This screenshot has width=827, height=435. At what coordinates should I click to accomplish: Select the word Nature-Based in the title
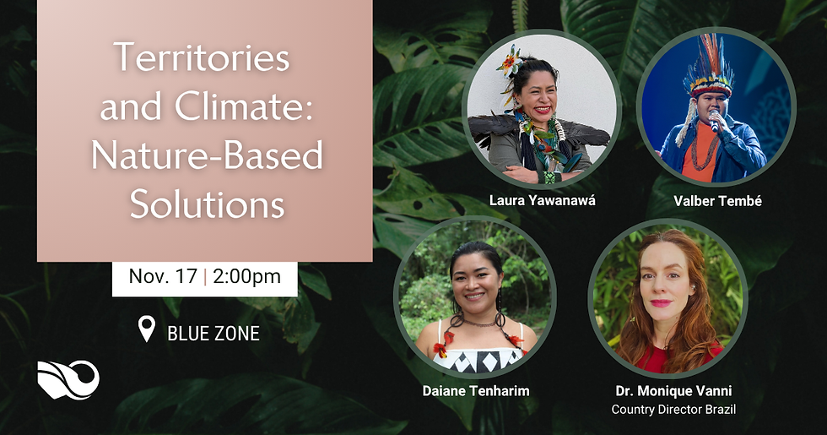pos(206,156)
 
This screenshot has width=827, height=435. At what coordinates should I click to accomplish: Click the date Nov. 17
pos(163,276)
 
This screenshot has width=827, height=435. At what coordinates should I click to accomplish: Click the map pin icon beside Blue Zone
pos(147,329)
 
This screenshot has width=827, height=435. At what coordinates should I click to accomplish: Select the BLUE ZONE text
pos(214,333)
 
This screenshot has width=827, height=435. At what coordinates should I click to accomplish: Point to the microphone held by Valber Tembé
pos(715,124)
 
